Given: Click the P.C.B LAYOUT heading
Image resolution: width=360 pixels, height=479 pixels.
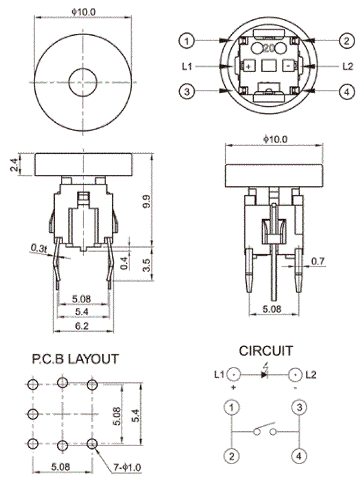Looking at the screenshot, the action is (x=75, y=359).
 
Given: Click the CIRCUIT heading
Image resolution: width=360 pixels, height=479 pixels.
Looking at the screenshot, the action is (x=266, y=351).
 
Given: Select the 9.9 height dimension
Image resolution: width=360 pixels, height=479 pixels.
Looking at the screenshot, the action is (x=146, y=202).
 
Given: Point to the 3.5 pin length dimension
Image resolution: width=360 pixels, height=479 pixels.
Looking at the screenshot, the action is (x=146, y=265).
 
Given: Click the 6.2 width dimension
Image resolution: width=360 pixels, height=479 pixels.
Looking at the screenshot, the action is (x=82, y=326).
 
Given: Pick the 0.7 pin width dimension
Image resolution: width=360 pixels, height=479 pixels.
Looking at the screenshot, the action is (x=318, y=261).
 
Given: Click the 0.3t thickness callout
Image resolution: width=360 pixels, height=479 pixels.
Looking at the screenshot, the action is (x=39, y=248).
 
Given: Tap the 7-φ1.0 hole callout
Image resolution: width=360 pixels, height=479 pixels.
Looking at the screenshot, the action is (x=128, y=468).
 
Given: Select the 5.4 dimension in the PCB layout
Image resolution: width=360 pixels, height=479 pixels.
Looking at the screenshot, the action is (x=135, y=415).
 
